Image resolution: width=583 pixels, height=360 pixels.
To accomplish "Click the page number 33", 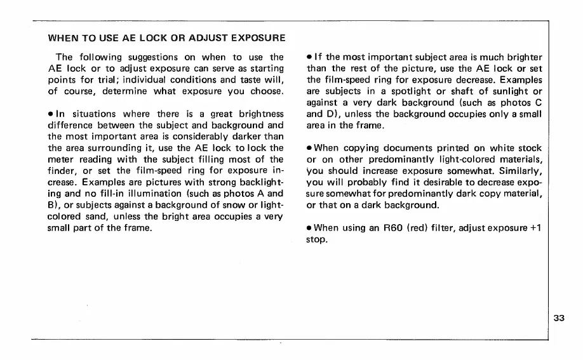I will point(559,319).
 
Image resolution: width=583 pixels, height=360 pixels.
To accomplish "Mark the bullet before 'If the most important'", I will point(309,58).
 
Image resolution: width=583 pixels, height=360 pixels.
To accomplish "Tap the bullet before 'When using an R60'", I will point(309,227).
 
